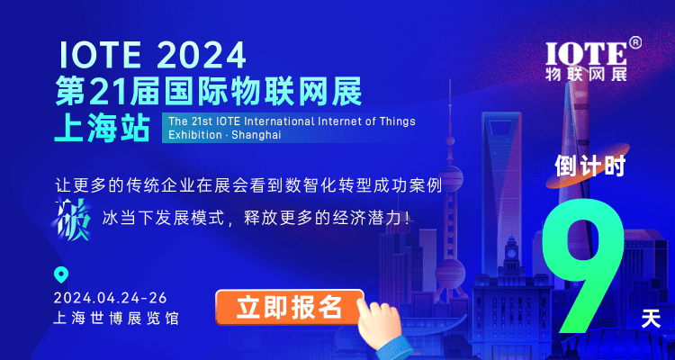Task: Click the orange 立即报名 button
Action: (x=289, y=306)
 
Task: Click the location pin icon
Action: (x=61, y=275)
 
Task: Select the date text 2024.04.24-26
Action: (x=111, y=298)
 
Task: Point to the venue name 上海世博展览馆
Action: (x=116, y=319)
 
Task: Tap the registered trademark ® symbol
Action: (x=634, y=41)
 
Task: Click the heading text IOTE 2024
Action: (x=152, y=56)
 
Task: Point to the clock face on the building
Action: (x=512, y=254)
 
